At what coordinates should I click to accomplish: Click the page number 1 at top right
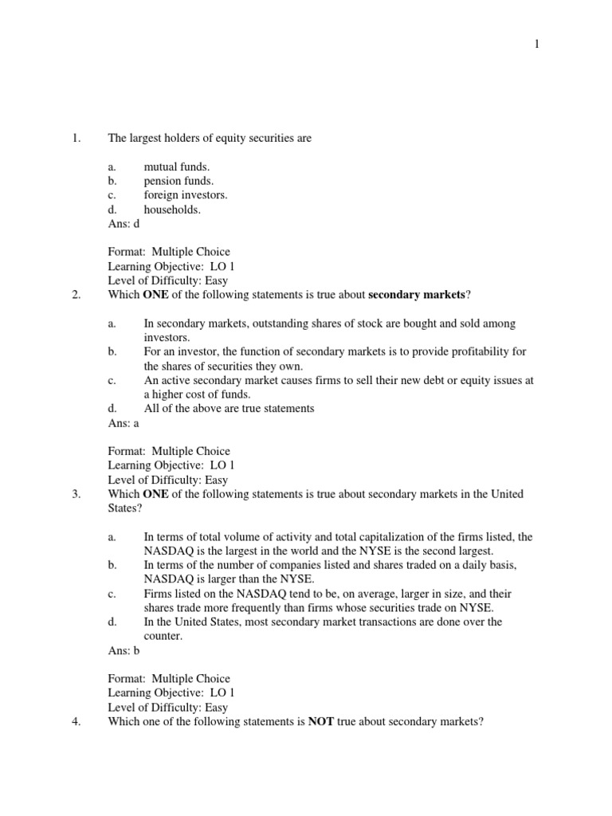pos(537,45)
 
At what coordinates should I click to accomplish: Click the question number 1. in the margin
pos(76,139)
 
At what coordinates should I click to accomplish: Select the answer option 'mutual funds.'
pos(176,167)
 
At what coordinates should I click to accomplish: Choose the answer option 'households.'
pos(172,210)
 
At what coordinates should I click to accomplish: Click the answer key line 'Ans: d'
pos(124,225)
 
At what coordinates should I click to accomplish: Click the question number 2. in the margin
pos(76,295)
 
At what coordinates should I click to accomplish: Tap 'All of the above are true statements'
pos(229,409)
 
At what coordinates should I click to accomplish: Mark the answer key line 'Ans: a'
pos(124,423)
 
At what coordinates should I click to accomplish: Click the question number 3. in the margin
pos(76,494)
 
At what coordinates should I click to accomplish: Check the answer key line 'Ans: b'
pos(124,650)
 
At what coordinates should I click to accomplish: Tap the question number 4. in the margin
pos(76,721)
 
